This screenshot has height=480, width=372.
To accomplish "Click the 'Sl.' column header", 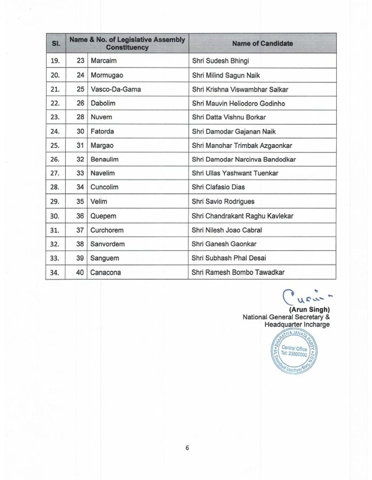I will click(56, 44).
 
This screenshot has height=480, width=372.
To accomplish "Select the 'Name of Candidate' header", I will click(262, 44).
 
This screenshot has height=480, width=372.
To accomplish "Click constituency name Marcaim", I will click(103, 61).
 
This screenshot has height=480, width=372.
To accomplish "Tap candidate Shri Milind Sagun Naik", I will click(226, 75).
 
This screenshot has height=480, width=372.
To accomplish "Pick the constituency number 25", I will click(81, 89).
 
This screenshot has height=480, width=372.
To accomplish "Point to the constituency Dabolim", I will click(103, 103).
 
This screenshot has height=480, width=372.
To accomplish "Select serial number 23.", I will click(55, 117).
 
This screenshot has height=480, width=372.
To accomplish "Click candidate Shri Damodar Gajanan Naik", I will click(234, 132).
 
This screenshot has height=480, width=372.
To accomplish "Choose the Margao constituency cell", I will click(102, 145).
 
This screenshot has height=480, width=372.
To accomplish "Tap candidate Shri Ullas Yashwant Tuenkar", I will click(235, 173).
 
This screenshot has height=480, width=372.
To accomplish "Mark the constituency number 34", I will click(80, 187).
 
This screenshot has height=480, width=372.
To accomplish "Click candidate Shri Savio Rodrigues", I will click(223, 202).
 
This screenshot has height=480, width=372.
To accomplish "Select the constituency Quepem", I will click(103, 216).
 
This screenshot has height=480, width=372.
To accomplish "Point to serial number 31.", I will click(55, 230).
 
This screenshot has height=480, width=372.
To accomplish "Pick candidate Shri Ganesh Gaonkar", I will click(224, 244).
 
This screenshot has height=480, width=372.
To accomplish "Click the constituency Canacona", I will click(105, 273).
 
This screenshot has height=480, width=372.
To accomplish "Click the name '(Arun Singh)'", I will click(309, 310).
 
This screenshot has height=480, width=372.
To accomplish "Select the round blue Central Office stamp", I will click(294, 351).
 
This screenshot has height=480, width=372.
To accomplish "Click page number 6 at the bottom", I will click(187, 448).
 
